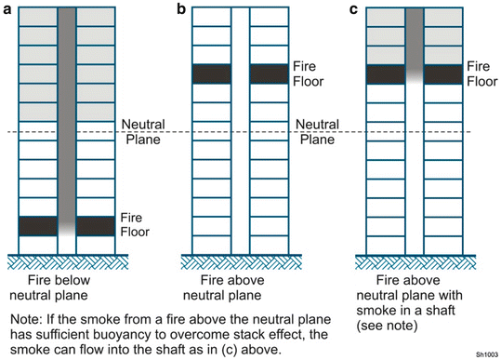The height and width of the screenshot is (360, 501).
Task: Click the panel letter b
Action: (x=181, y=9)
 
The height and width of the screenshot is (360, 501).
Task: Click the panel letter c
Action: (x=352, y=9)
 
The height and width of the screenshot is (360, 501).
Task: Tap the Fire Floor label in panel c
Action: (x=480, y=74)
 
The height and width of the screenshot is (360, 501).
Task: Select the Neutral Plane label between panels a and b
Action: (x=142, y=132)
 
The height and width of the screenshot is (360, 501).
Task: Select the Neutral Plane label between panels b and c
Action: (x=315, y=132)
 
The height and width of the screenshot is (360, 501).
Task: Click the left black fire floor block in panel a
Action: (x=38, y=225)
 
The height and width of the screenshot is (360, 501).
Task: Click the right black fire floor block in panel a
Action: (x=95, y=225)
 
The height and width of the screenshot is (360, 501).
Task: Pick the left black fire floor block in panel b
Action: (x=211, y=74)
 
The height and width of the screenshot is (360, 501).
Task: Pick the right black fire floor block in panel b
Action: (x=268, y=74)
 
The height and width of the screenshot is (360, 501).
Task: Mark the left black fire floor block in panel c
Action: (x=386, y=74)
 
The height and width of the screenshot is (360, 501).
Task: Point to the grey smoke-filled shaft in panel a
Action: (x=67, y=112)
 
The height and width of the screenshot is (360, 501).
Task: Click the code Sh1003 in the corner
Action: (x=486, y=354)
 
